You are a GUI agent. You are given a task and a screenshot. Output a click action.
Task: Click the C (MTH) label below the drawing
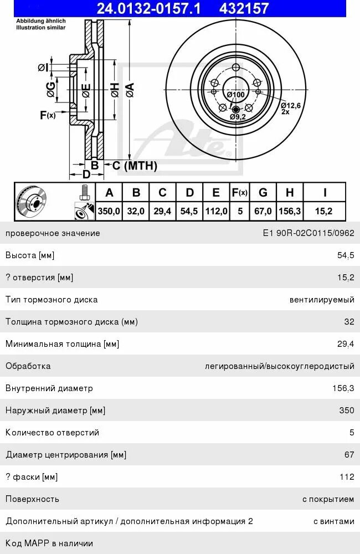click(x=135, y=165)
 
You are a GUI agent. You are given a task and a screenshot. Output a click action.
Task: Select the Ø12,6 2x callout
click(x=290, y=107)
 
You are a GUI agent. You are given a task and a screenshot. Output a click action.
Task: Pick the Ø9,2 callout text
click(x=238, y=117)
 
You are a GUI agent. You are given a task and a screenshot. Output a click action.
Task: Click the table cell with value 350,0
click(x=109, y=211)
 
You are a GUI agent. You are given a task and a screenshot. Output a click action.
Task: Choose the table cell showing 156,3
click(x=290, y=211)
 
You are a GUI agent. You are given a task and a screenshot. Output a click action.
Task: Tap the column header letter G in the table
click(x=263, y=192)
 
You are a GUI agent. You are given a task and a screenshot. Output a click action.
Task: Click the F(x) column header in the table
click(x=239, y=192)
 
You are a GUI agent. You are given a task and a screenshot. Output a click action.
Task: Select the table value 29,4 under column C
click(x=162, y=211)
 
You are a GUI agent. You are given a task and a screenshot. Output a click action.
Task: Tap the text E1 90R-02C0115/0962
click(x=308, y=233)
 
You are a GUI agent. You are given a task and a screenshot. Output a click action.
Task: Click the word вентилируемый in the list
click(x=321, y=300)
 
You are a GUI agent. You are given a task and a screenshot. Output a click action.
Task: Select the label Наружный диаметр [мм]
click(x=55, y=411)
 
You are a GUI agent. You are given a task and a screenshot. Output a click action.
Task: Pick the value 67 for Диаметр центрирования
click(x=349, y=455)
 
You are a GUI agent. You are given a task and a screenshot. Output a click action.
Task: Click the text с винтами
click(x=333, y=521)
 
